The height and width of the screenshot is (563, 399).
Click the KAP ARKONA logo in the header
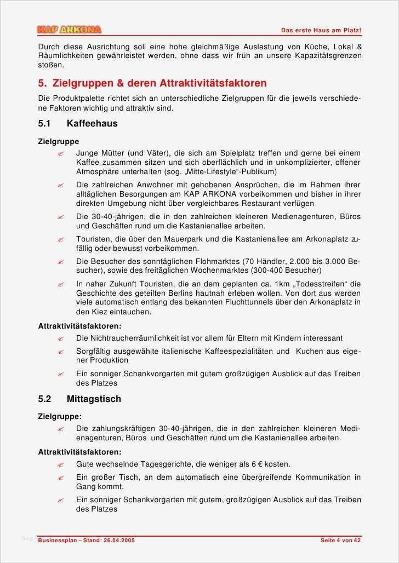70,30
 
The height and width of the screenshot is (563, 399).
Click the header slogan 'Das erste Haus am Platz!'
321,30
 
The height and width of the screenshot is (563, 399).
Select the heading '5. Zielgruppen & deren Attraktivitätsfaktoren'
152,83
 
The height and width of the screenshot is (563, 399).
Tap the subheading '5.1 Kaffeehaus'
78,123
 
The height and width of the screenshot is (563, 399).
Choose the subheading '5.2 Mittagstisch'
79,399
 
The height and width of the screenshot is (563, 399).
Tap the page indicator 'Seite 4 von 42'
340,541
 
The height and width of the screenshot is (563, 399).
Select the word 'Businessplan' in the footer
58,541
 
